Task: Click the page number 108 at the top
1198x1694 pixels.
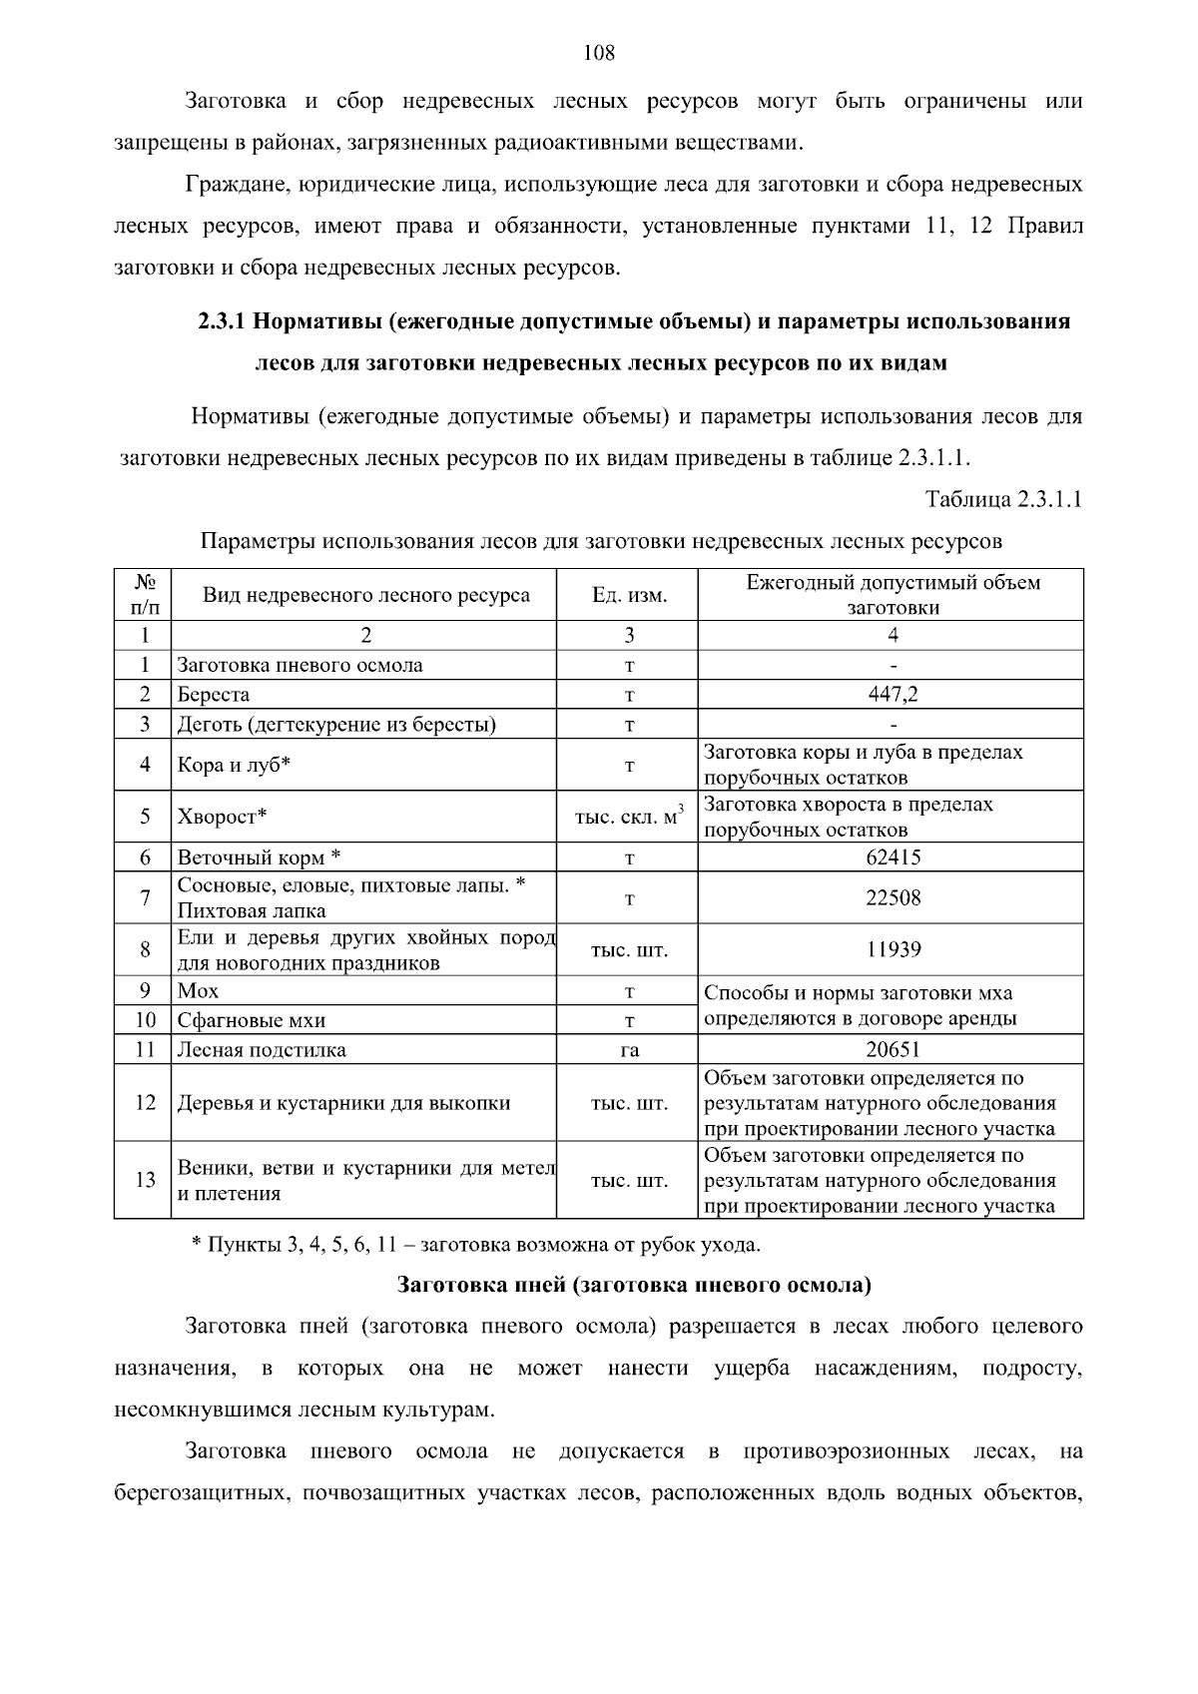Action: [x=599, y=54]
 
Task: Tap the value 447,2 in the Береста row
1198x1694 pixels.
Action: [x=893, y=695]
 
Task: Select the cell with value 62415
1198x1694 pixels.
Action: [x=893, y=857]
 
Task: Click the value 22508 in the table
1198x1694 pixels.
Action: [x=893, y=897]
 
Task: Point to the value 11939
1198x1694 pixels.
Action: [x=893, y=949]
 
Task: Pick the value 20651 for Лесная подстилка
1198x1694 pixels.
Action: [x=893, y=1049]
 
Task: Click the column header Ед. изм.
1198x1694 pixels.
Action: [x=629, y=596]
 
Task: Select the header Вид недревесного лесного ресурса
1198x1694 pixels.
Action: [x=366, y=596]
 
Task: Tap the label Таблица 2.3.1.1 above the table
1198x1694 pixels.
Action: [x=1003, y=499]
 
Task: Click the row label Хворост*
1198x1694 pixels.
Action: [x=222, y=817]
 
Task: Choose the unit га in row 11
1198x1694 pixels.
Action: [x=629, y=1050]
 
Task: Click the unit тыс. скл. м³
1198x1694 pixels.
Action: [x=629, y=817]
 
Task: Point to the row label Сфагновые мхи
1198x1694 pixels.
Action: [x=251, y=1020]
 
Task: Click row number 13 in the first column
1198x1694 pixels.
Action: [x=146, y=1180]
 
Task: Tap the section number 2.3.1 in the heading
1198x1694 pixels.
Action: [x=221, y=321]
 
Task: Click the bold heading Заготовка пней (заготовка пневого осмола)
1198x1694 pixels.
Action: [x=634, y=1285]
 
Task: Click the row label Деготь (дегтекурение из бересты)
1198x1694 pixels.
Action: [x=336, y=724]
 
